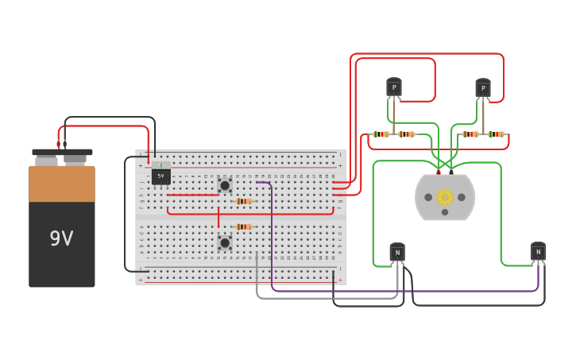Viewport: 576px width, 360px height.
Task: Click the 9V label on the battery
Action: (61, 238)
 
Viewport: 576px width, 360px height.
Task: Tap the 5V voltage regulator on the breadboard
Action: (161, 176)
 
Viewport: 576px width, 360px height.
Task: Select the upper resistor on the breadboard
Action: (244, 201)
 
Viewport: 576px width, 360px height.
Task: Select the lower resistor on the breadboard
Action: (244, 226)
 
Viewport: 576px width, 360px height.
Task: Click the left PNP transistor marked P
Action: (394, 87)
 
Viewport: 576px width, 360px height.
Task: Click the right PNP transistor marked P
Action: (483, 87)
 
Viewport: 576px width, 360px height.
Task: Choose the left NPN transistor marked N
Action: (397, 253)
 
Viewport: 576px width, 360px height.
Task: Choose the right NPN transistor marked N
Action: (538, 252)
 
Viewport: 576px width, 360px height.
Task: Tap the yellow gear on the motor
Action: (445, 196)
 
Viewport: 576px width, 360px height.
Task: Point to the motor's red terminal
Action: (438, 171)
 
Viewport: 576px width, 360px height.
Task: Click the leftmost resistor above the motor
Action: (381, 134)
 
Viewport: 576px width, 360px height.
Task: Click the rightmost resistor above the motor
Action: (497, 134)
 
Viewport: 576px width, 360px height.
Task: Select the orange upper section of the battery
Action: (62, 184)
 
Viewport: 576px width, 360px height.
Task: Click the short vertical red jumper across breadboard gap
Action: (218, 217)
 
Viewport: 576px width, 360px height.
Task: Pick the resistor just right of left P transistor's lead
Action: (407, 134)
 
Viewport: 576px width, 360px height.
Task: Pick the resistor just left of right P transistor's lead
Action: (470, 134)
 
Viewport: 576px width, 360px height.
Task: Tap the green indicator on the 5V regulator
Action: (161, 165)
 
